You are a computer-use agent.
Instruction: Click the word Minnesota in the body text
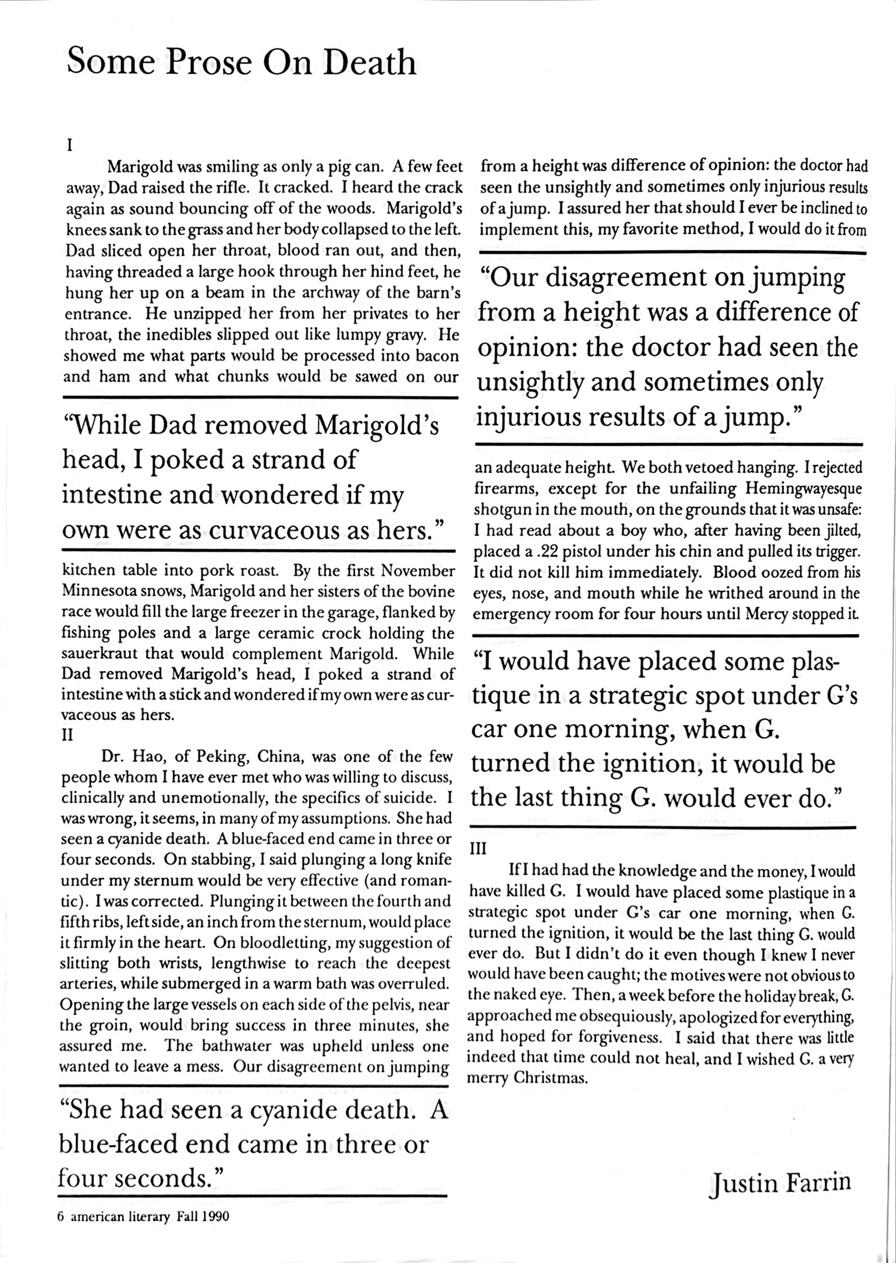(96, 591)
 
